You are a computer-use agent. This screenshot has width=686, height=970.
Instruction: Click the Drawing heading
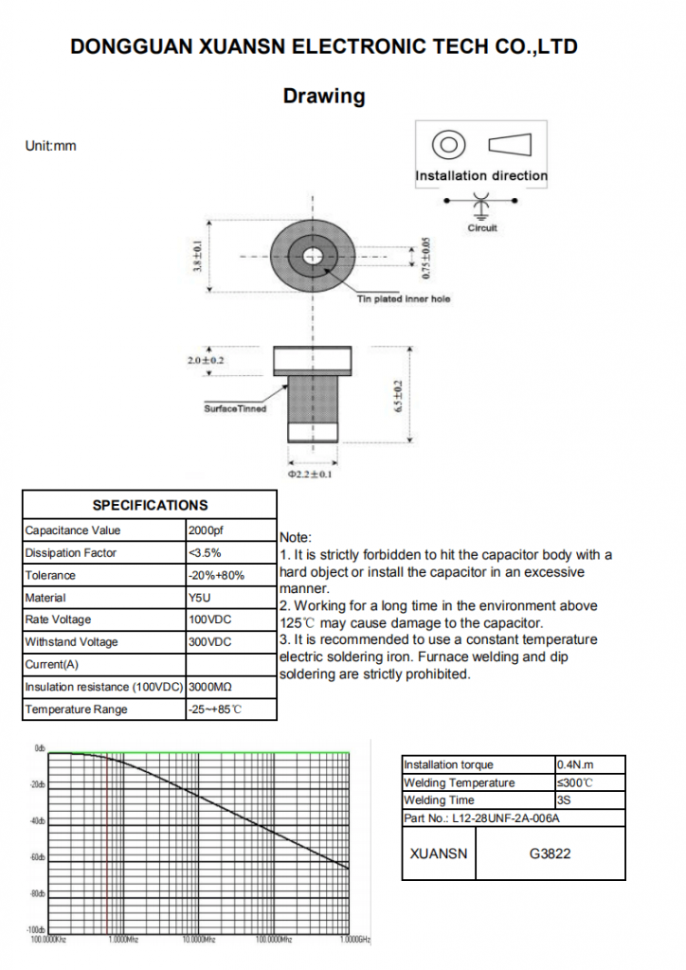(324, 96)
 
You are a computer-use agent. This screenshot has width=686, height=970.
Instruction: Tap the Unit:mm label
(50, 146)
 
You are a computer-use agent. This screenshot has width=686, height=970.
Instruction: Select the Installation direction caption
(481, 175)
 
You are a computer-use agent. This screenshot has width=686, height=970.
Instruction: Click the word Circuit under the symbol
(482, 228)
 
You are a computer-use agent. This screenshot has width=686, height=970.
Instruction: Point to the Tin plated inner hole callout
(404, 299)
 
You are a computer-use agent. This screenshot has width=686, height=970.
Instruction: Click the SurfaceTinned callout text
(236, 408)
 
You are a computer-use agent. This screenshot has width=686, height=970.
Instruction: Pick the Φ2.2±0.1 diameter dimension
(311, 474)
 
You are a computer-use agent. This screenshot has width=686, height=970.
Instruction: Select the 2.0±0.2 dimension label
(207, 360)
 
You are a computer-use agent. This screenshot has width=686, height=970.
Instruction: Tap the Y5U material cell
(199, 598)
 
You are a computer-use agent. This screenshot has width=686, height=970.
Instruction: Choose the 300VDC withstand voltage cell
(209, 642)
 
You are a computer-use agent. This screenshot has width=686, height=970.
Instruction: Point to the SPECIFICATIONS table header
(150, 505)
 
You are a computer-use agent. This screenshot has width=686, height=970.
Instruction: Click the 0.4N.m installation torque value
(576, 764)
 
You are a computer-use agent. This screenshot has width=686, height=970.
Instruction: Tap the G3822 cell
(550, 853)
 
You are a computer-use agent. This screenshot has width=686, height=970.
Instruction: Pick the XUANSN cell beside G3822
(439, 853)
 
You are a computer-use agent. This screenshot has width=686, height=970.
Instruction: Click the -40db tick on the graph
(38, 820)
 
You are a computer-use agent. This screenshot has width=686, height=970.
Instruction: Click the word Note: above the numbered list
(296, 537)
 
